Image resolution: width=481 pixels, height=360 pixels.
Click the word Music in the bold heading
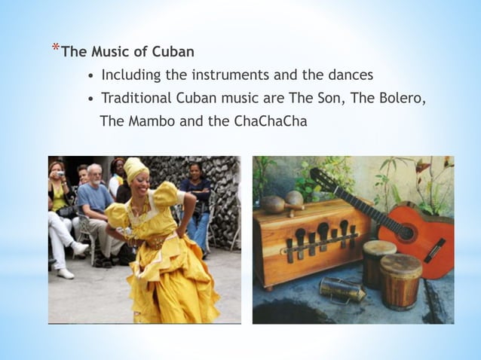[110, 52]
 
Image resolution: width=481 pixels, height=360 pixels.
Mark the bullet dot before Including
[90, 76]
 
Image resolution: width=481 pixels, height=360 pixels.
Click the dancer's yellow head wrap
[135, 169]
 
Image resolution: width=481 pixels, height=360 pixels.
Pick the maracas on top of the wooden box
[284, 201]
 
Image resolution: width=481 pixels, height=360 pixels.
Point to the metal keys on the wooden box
[322, 239]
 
